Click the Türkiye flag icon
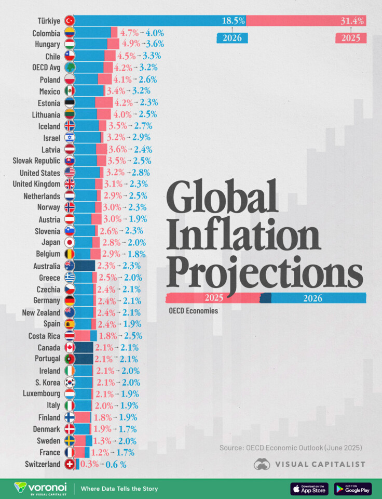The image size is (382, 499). pos(69,21)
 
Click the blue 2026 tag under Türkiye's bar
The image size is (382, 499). pos(232,38)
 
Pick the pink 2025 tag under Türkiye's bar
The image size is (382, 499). pos(351,38)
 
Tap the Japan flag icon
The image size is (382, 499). pos(69,242)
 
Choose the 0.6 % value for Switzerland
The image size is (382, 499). pos(116,464)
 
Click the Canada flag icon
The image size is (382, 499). pos(69,347)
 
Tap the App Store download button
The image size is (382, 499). pos(309,489)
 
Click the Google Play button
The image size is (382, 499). pos(353,489)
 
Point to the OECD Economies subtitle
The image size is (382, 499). pos(193,311)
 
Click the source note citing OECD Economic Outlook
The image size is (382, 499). pos(291,448)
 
